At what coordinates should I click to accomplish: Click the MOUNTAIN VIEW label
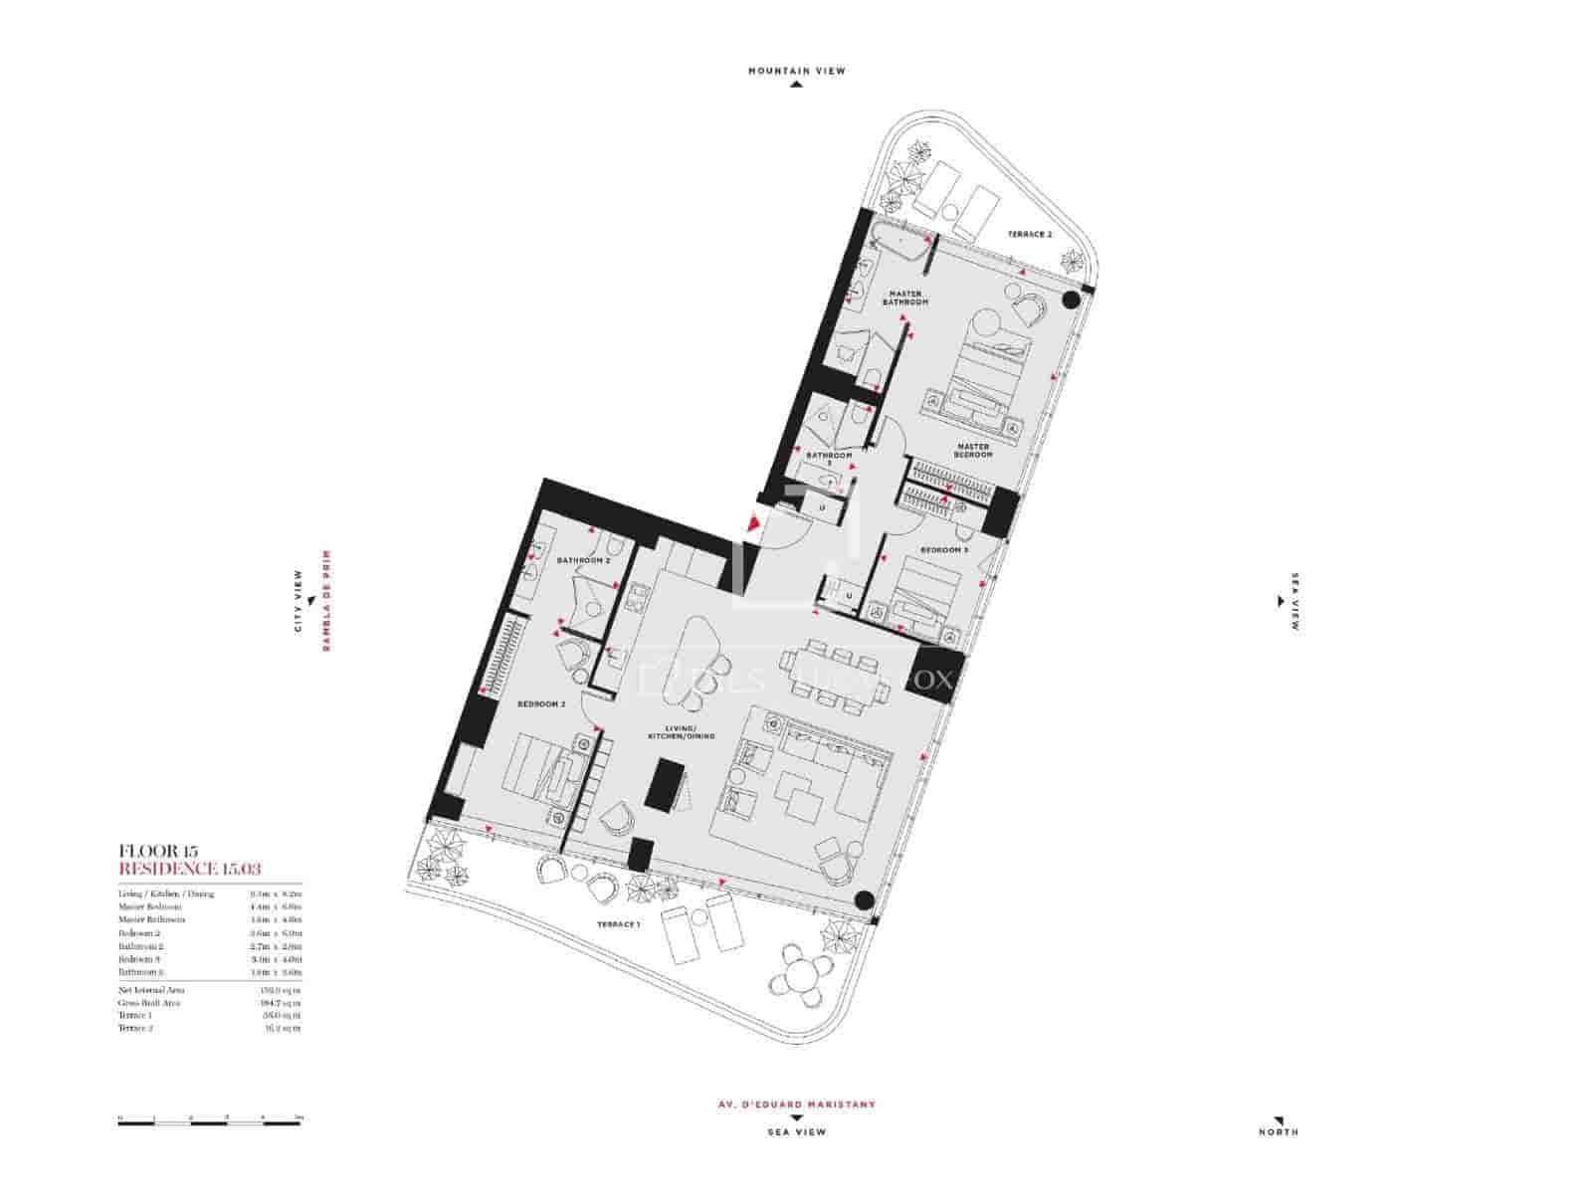click(x=796, y=71)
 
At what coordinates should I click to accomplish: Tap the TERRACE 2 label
click(x=1029, y=234)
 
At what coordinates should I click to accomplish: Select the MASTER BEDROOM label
click(x=973, y=450)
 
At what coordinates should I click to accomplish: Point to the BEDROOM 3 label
click(x=943, y=550)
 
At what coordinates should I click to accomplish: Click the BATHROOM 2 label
click(x=583, y=560)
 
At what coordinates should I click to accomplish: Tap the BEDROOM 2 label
click(x=541, y=703)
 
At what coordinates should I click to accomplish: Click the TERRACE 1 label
click(x=617, y=924)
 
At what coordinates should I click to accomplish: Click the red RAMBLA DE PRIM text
click(x=324, y=601)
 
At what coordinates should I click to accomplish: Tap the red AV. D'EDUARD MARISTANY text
click(x=796, y=1104)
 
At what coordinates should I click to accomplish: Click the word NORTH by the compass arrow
click(x=1278, y=1131)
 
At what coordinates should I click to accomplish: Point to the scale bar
click(x=209, y=1122)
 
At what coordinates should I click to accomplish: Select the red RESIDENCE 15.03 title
click(x=189, y=869)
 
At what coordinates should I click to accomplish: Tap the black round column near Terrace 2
click(x=1073, y=298)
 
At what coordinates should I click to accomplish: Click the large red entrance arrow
click(x=753, y=522)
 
